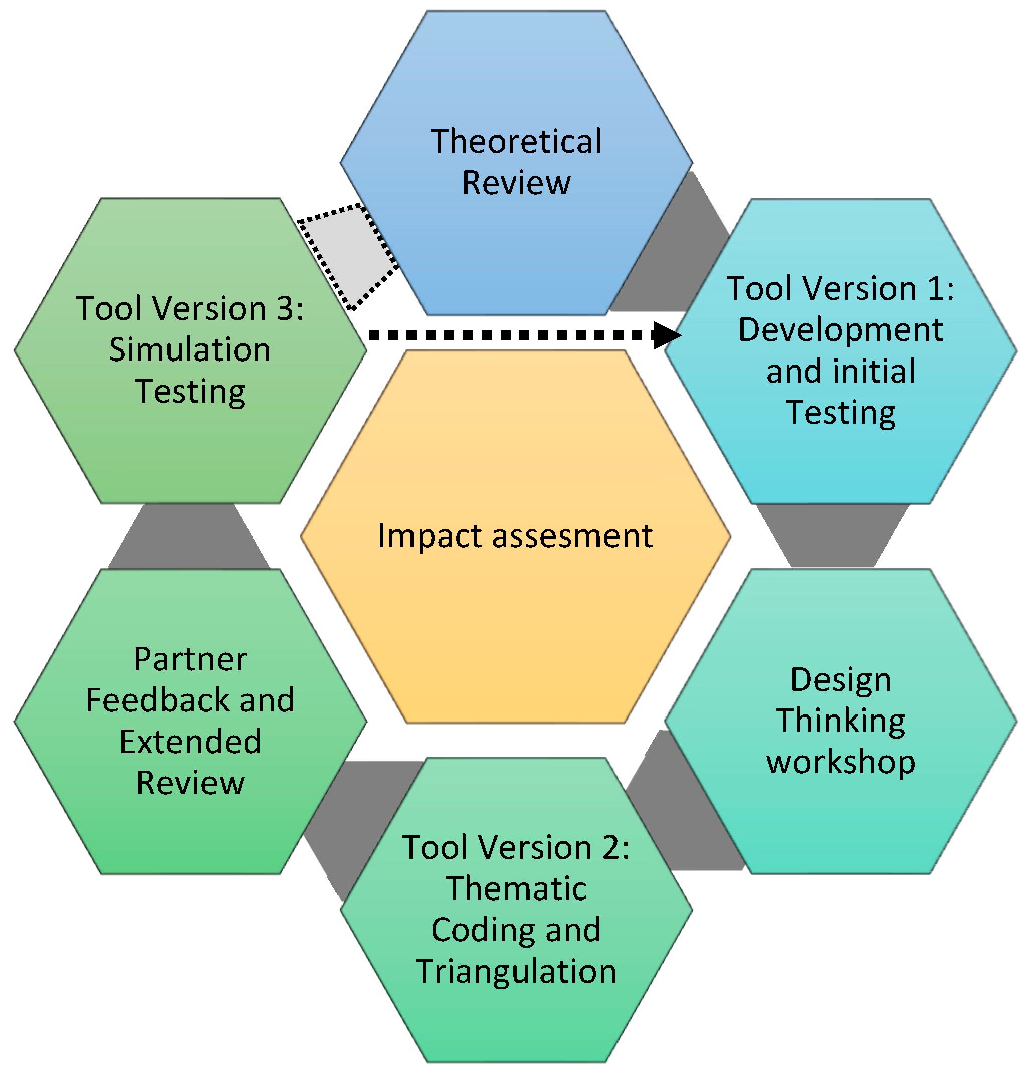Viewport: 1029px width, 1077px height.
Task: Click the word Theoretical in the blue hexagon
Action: pyautogui.click(x=516, y=141)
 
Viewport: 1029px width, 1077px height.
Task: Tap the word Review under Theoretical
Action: pyautogui.click(x=516, y=183)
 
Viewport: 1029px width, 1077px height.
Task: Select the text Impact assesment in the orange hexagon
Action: pyautogui.click(x=514, y=535)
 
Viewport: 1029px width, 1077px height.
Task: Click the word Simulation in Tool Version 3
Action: pyautogui.click(x=190, y=349)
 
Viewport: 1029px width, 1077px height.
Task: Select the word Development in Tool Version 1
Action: pyautogui.click(x=841, y=330)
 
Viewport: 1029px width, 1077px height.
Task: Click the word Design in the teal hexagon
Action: pyautogui.click(x=841, y=679)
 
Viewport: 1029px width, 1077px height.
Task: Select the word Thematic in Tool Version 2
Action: pyautogui.click(x=516, y=888)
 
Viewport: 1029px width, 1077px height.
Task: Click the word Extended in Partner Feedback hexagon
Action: pyautogui.click(x=190, y=741)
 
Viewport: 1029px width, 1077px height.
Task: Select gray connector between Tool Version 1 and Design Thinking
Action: pyautogui.click(x=832, y=535)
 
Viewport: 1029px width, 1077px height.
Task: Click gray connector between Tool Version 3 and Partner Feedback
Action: pyautogui.click(x=189, y=536)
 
